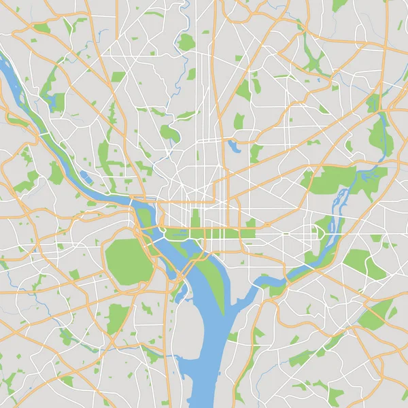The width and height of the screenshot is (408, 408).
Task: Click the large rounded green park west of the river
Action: point(126,260)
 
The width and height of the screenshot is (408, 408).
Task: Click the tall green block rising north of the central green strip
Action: point(196,219)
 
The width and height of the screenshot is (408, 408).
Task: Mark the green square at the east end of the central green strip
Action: point(248,233)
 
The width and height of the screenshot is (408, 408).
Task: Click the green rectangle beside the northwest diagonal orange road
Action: point(118,77)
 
